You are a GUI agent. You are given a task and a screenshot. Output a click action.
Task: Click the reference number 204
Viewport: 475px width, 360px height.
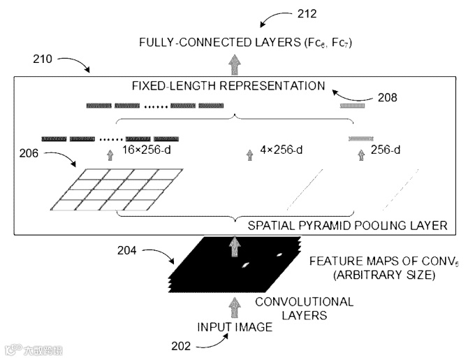pyautogui.click(x=147, y=249)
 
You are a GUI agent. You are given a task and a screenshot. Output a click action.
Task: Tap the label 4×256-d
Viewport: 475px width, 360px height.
pyautogui.click(x=282, y=150)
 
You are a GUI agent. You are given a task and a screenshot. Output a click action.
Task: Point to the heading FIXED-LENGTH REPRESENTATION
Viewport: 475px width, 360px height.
pyautogui.click(x=228, y=86)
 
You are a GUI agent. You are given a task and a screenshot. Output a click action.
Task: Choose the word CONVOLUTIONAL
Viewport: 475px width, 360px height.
pyautogui.click(x=304, y=302)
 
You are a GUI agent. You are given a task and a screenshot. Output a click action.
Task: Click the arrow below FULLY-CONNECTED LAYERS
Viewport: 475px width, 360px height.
pyautogui.click(x=234, y=63)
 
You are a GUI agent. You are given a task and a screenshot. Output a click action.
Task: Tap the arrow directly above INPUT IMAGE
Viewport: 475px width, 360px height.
pyautogui.click(x=235, y=303)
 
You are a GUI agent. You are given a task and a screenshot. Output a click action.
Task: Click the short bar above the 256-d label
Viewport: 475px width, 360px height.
pyautogui.click(x=360, y=138)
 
